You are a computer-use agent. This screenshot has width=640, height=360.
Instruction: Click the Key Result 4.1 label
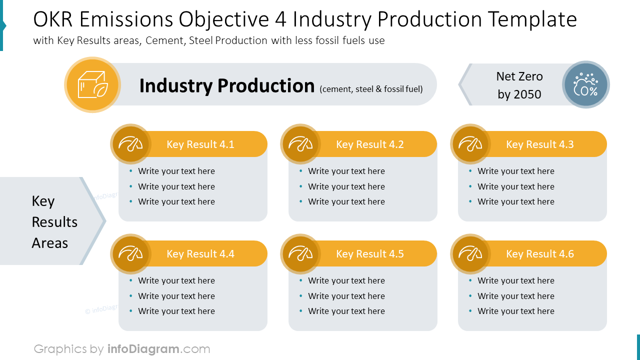(200, 144)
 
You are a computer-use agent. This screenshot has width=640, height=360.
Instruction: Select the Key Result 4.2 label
(369, 144)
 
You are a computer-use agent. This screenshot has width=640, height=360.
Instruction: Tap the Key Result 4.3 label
(539, 144)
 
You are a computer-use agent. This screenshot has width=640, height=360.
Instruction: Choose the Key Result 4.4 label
(200, 254)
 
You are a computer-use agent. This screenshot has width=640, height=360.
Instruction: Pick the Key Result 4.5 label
(369, 254)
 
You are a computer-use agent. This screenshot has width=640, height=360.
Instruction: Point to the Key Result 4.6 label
(539, 254)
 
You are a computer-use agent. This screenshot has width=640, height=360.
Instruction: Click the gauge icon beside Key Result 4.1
(130, 144)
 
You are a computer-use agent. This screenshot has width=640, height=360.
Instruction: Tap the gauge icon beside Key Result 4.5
(300, 254)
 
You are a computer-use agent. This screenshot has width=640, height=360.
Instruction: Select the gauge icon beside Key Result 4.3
(470, 144)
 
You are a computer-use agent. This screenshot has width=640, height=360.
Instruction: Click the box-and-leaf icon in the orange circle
(92, 85)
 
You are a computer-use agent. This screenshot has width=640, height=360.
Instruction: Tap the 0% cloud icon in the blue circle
(585, 85)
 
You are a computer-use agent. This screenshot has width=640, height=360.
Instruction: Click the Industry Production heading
(226, 86)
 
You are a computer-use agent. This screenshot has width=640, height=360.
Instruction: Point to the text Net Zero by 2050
(519, 85)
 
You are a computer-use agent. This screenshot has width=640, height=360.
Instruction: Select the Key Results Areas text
(54, 222)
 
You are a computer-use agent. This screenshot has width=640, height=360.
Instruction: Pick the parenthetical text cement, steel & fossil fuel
(371, 89)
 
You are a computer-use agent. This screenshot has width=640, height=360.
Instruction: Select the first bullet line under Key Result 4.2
(346, 171)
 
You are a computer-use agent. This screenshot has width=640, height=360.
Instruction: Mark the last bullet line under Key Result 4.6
(515, 311)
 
